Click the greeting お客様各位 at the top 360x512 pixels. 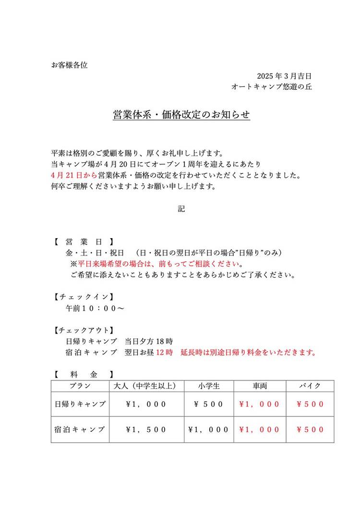click(69, 65)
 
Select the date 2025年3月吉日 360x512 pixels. click(285, 76)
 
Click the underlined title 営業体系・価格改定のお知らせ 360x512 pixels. click(181, 116)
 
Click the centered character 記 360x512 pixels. click(181, 209)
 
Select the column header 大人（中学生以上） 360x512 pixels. click(146, 386)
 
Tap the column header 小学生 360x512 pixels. click(209, 386)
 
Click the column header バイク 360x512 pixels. click(310, 386)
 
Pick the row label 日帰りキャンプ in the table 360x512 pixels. click(80, 404)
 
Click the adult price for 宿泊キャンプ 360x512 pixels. click(146, 429)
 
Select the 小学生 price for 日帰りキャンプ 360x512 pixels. click(209, 404)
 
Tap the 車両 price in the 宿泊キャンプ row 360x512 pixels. click(260, 429)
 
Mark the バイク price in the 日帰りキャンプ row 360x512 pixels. click(310, 404)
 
